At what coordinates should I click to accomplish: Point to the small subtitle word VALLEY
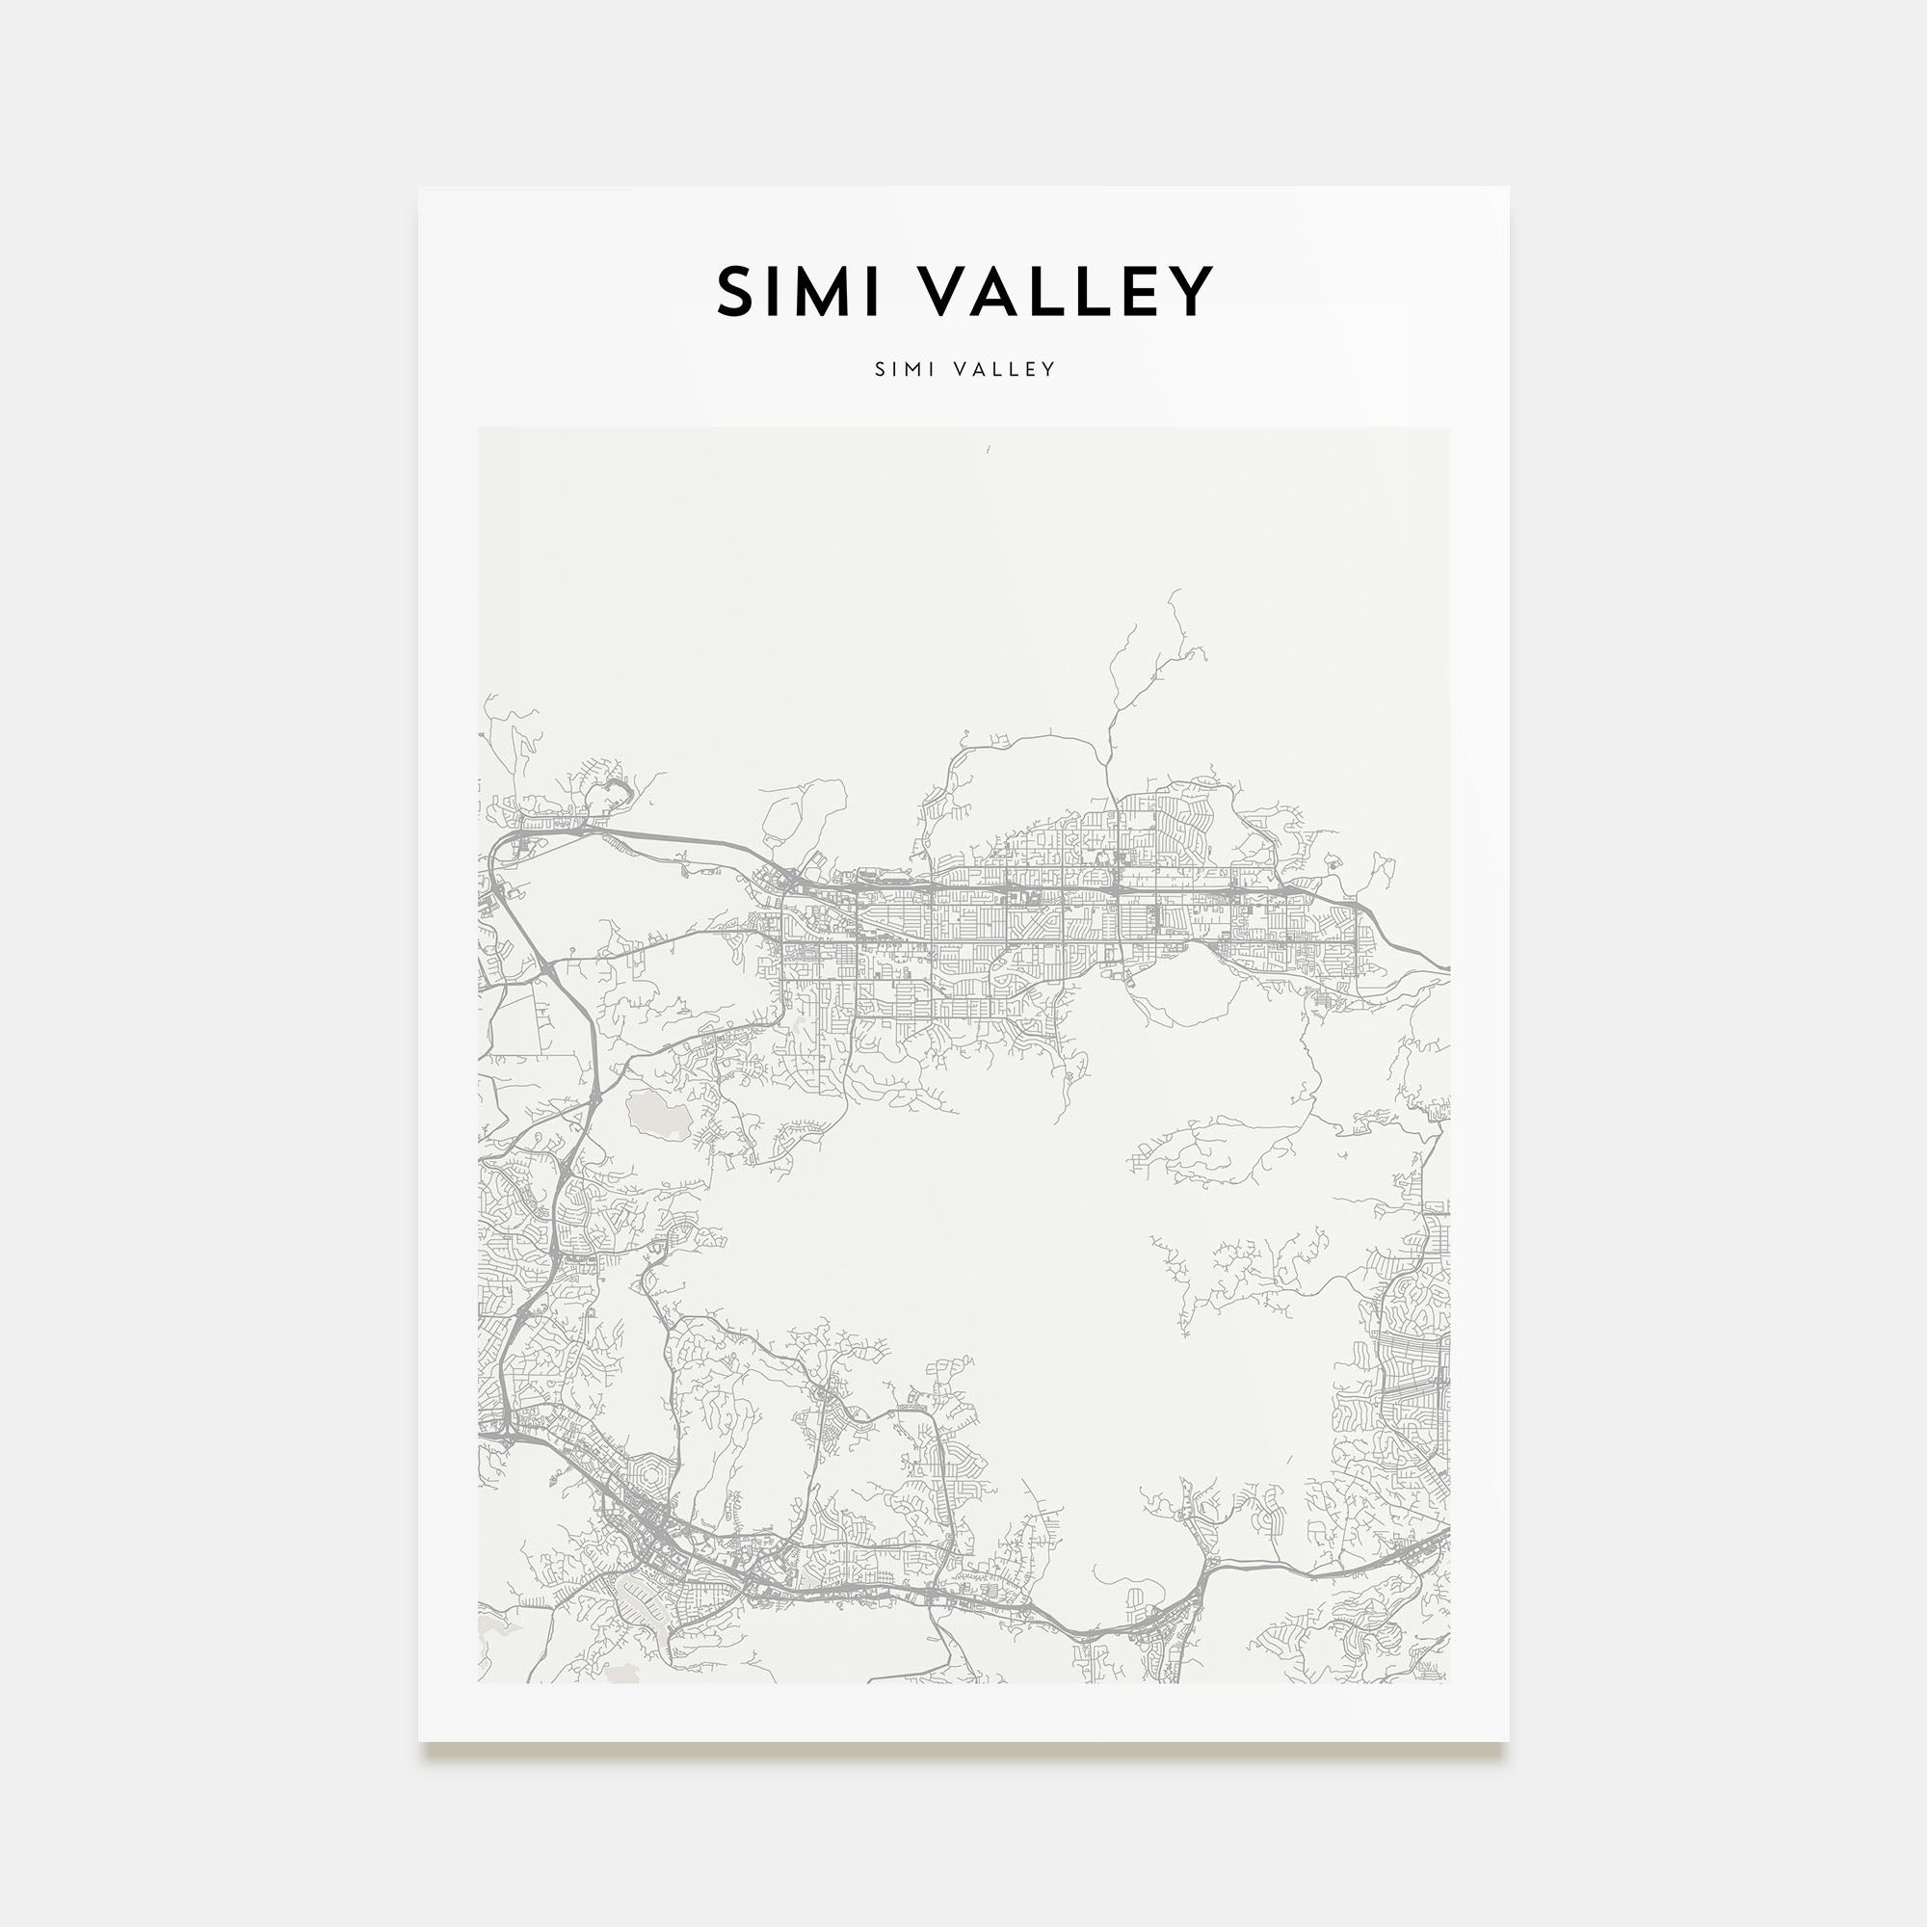(x=1004, y=369)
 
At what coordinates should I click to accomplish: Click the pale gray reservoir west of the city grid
(x=658, y=1114)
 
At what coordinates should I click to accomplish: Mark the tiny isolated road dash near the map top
(x=989, y=450)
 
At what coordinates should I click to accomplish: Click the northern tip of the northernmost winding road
(x=1171, y=592)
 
